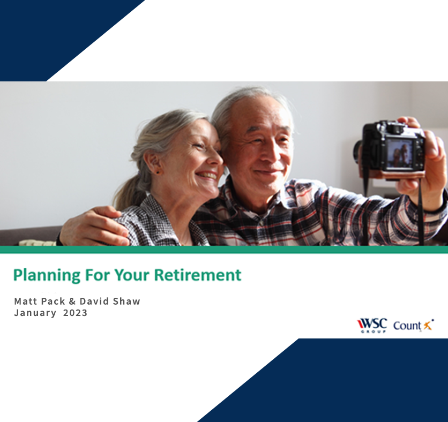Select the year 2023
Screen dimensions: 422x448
click(75, 313)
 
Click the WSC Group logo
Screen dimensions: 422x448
click(371, 325)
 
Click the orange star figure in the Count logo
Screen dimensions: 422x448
click(428, 325)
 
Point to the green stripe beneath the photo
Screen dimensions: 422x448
click(224, 250)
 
